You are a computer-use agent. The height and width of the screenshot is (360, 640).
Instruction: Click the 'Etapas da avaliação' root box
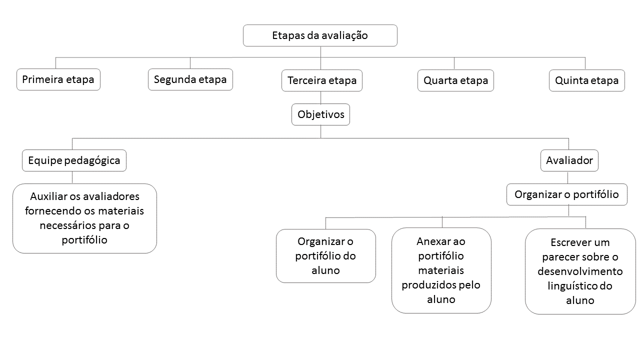[x=320, y=35]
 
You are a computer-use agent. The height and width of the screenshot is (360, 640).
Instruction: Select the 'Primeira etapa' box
[x=58, y=79]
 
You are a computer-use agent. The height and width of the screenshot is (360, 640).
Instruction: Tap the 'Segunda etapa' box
[x=190, y=79]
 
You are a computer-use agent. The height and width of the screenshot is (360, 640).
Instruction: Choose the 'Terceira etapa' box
[x=322, y=80]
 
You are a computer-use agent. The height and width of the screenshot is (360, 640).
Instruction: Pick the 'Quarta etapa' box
[x=455, y=80]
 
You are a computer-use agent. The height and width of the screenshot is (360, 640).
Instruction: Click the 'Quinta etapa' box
[x=587, y=80]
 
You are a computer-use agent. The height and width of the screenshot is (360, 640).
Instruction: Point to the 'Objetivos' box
[x=320, y=114]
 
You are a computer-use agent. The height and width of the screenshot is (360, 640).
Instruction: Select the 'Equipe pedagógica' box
[x=74, y=160]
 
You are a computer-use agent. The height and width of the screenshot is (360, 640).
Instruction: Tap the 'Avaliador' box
[x=569, y=160]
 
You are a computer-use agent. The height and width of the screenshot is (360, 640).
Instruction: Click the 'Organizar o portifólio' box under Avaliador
[x=567, y=194]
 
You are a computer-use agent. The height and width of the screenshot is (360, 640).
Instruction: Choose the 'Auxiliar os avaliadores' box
[x=84, y=218]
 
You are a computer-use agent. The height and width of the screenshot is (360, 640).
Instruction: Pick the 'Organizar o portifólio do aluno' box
[x=325, y=256]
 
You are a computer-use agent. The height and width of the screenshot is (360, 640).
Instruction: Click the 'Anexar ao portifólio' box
[x=441, y=270]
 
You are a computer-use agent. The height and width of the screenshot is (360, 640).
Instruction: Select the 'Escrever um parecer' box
[x=580, y=271]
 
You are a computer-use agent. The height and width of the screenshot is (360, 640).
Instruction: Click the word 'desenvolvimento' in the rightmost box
[x=580, y=271]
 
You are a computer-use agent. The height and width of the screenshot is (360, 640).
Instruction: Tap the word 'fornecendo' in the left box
[x=51, y=211]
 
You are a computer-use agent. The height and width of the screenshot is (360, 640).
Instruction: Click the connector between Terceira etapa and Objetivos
[x=320, y=97]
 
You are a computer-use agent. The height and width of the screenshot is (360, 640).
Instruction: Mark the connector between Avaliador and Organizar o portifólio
[x=567, y=177]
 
